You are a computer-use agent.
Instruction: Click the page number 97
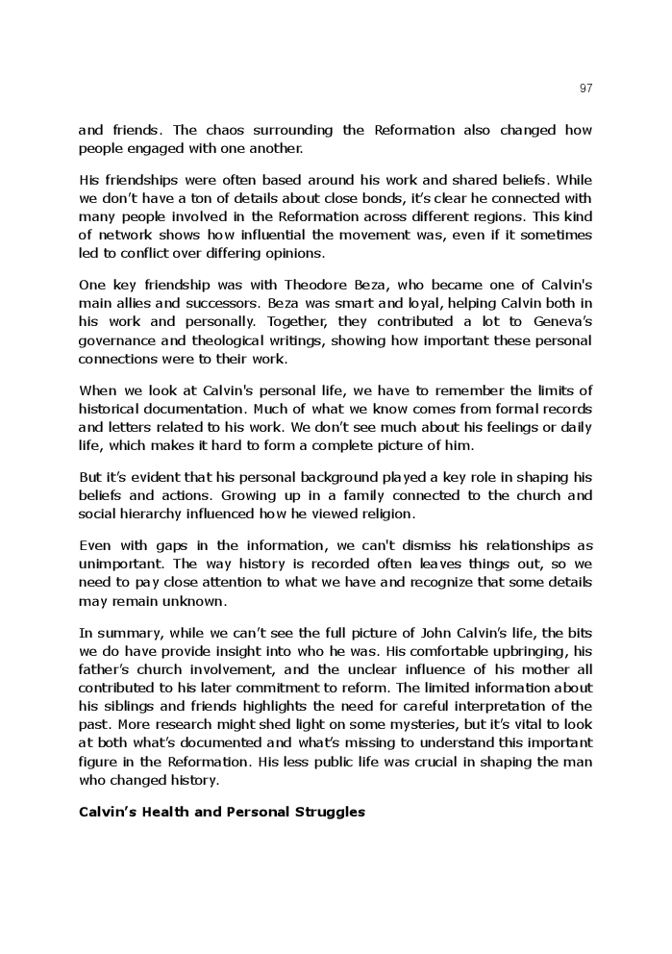[x=586, y=88]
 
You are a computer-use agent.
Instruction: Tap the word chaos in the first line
[x=201, y=130]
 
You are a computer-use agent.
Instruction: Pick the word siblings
[x=132, y=707]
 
